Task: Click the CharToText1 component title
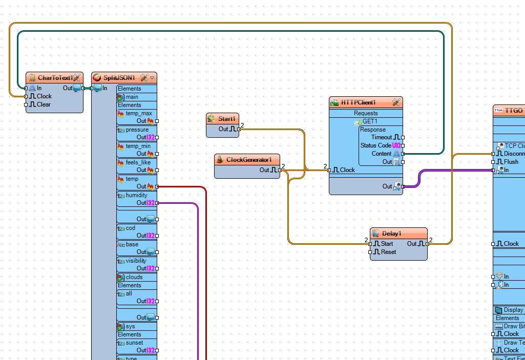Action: [55, 78]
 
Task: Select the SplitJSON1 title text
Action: [119, 78]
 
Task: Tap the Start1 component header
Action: [226, 119]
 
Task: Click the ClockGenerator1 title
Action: [249, 160]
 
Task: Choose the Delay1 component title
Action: [392, 234]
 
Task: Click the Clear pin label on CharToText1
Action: [44, 104]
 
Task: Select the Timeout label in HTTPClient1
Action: [382, 137]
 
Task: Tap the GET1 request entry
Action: [370, 121]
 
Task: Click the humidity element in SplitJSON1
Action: [136, 195]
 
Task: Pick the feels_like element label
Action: [138, 162]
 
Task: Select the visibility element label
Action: [136, 261]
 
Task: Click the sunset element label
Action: [134, 343]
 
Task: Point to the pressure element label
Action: [137, 130]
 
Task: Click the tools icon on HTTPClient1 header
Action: [396, 102]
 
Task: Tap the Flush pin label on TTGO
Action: [511, 162]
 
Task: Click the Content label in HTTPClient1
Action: [382, 154]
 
